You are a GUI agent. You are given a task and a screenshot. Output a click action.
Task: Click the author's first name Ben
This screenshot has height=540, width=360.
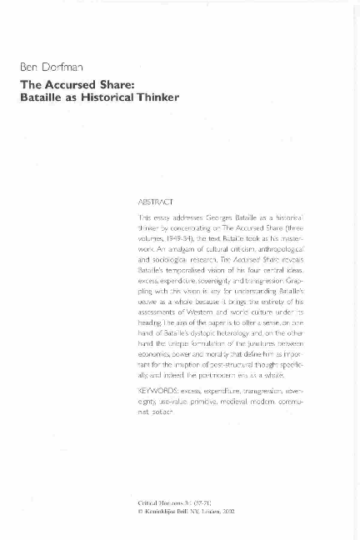(x=31, y=66)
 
